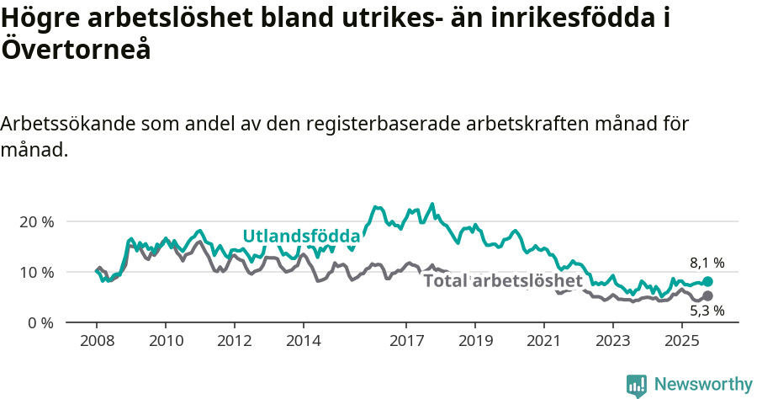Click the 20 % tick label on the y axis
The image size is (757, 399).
coord(36,221)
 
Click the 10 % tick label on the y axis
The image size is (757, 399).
coord(36,272)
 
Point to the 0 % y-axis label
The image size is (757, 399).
coord(40,322)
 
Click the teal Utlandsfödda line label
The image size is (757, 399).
coord(301,237)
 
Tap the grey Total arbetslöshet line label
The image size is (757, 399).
coord(502,280)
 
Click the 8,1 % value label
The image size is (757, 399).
coord(707,263)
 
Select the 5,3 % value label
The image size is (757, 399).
coord(707,311)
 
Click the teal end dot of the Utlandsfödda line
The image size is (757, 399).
coord(707,282)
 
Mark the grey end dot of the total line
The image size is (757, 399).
coord(707,296)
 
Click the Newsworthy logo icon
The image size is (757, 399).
coord(637,386)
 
